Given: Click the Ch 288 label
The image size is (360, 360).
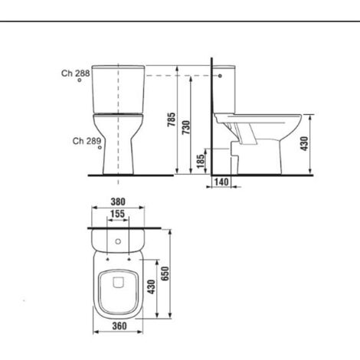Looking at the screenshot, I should point(76,74).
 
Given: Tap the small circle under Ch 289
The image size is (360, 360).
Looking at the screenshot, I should point(101,150).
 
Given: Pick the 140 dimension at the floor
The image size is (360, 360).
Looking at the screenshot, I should point(223,182).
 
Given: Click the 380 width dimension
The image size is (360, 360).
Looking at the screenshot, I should point(117,205).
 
